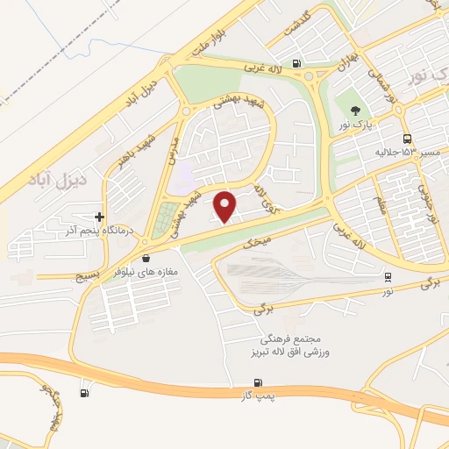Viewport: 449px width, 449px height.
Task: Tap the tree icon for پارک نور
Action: click(x=355, y=110)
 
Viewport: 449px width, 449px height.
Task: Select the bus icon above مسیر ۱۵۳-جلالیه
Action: click(x=406, y=139)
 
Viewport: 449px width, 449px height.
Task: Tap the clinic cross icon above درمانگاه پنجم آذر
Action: click(x=100, y=217)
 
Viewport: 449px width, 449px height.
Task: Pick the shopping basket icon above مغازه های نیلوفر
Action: click(x=146, y=258)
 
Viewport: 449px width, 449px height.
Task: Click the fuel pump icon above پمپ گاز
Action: click(x=258, y=382)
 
